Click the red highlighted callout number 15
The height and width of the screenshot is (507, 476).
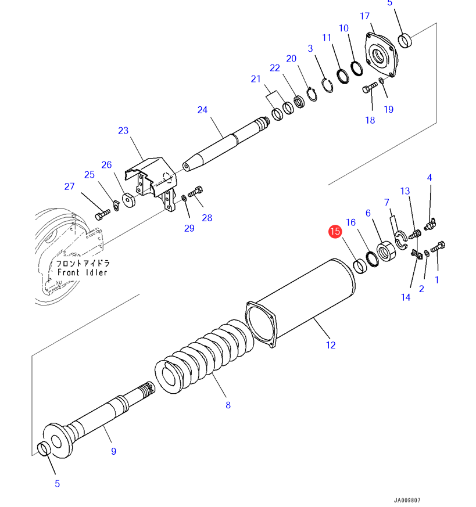[334, 232]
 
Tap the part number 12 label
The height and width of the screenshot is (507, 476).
[331, 345]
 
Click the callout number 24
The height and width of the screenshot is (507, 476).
[202, 110]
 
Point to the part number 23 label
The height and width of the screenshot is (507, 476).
[123, 131]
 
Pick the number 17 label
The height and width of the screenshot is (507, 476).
[365, 16]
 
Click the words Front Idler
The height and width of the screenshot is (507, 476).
[82, 272]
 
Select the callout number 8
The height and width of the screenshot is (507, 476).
[228, 405]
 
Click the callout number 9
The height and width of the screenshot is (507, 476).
[113, 451]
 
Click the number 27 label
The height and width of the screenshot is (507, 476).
[70, 186]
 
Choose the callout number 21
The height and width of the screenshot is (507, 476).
[256, 79]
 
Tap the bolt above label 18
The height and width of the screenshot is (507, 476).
[369, 89]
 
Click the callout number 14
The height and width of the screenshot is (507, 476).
[406, 297]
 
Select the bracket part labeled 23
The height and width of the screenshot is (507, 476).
[152, 181]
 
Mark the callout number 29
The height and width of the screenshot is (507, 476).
[189, 228]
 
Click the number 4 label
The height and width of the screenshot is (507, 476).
[430, 178]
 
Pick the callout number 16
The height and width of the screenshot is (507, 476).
[351, 222]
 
